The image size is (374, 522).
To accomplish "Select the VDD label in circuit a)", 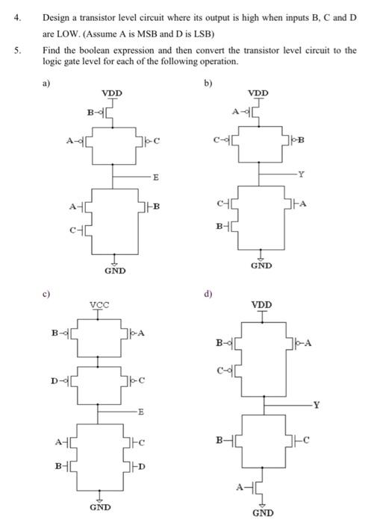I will click(x=112, y=93).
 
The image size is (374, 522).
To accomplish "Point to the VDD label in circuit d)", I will click(x=261, y=305).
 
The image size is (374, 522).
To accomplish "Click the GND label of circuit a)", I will click(x=114, y=271).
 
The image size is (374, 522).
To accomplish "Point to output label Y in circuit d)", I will click(x=316, y=406).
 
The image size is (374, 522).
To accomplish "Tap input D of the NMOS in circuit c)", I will click(x=140, y=468).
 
